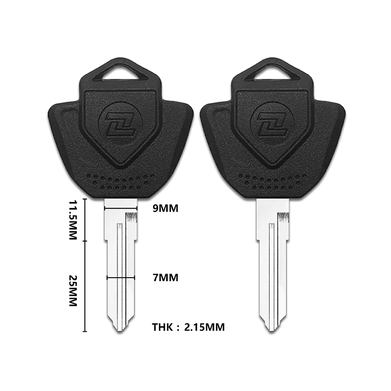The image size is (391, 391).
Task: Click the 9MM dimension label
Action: click(166, 209)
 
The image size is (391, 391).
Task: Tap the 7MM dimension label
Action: click(166, 278)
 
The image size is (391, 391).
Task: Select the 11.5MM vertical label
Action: click(73, 219)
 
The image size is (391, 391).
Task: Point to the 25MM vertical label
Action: click(73, 291)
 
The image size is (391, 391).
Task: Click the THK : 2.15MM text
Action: click(188, 327)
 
